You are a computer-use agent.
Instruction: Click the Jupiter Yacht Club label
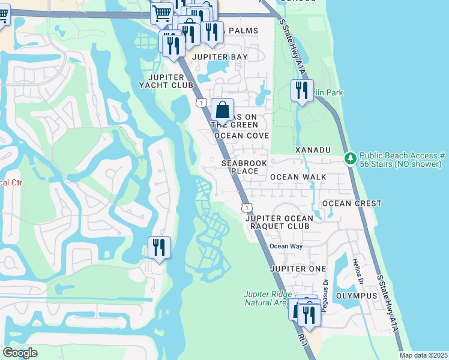click(x=171, y=82)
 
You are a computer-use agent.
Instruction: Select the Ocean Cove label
click(x=242, y=136)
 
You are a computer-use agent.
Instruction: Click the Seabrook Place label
click(x=240, y=167)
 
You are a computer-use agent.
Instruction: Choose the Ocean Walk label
click(x=298, y=177)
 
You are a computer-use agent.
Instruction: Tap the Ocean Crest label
click(x=352, y=203)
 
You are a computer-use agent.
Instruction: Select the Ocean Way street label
click(x=286, y=246)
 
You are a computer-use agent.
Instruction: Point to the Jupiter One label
click(x=298, y=268)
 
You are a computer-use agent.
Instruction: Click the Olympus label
click(x=356, y=296)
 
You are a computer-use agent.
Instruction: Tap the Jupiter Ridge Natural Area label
click(x=267, y=298)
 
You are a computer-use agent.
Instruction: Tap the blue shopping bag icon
click(x=222, y=110)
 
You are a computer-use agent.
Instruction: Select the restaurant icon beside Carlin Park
click(x=301, y=90)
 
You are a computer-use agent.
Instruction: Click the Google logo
click(x=20, y=353)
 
